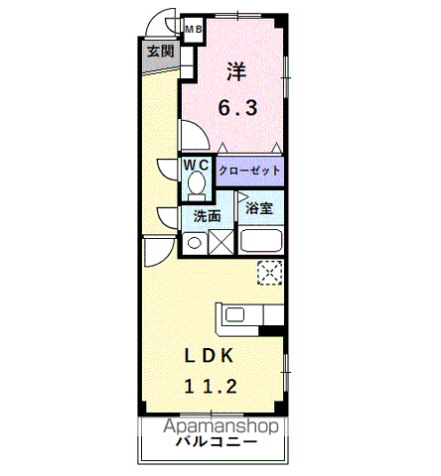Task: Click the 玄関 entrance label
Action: pos(160,52)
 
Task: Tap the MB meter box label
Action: pos(194,30)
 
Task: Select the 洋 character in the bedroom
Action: pos(236,71)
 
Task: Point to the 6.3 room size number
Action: pos(237,107)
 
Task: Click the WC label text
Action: pos(197,165)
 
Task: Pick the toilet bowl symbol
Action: pos(197,184)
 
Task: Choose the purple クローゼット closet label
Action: pos(250,171)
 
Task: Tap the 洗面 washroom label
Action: pos(208,216)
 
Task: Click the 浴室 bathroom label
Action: pos(259,208)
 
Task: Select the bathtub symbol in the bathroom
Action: pos(261,241)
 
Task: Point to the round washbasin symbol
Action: pos(195,243)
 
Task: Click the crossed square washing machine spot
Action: pos(221,243)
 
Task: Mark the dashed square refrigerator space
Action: pos(270,273)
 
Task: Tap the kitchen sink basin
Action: pos(234,314)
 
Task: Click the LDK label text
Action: pos(210,356)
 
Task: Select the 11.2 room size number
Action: pos(211,386)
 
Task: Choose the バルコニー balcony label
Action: pos(217,441)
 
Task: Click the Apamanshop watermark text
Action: pos(220,426)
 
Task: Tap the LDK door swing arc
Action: pos(166,257)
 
